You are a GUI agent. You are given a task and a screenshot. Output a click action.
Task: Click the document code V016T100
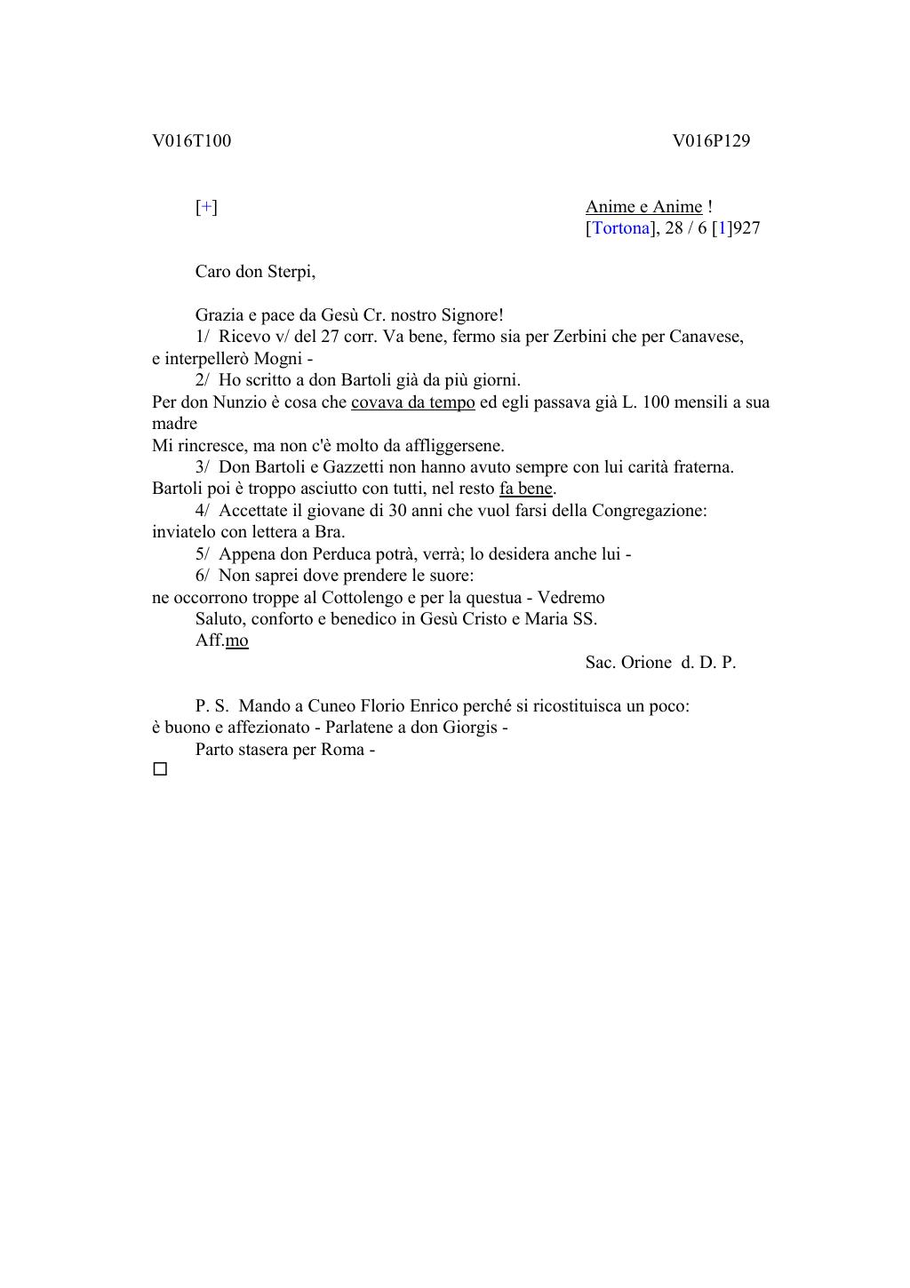191,141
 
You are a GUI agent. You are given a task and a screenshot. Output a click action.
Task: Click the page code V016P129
711,141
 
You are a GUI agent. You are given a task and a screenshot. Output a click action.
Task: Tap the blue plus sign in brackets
206,207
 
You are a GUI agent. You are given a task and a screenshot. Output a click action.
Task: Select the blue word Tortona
620,228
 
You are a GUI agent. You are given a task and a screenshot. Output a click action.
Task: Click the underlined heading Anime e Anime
643,207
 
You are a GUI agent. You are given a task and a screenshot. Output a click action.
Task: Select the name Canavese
706,337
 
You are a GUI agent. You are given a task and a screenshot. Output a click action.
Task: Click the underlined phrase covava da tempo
413,402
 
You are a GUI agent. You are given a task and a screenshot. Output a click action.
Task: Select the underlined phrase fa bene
526,489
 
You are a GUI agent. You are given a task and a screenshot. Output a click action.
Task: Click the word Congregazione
648,511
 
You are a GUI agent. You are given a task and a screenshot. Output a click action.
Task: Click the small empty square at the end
160,769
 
